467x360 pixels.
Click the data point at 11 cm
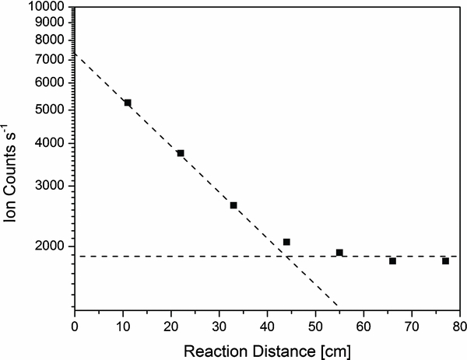click(x=128, y=103)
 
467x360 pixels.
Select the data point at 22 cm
click(x=181, y=153)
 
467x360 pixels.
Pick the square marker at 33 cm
click(x=233, y=205)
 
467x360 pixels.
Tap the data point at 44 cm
click(x=286, y=242)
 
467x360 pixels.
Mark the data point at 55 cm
click(x=339, y=252)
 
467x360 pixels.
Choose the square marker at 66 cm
click(x=392, y=260)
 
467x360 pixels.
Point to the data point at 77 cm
click(x=445, y=260)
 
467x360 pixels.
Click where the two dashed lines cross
click(x=280, y=257)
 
